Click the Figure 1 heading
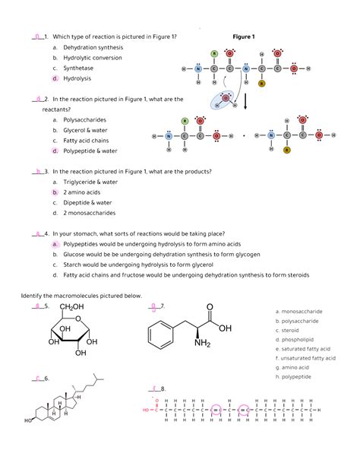point(244,36)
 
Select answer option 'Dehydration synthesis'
point(93,47)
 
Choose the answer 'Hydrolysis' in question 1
point(77,78)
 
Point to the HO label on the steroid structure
point(28,420)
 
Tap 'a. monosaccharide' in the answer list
point(298,312)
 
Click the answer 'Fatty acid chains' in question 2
point(86,140)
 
